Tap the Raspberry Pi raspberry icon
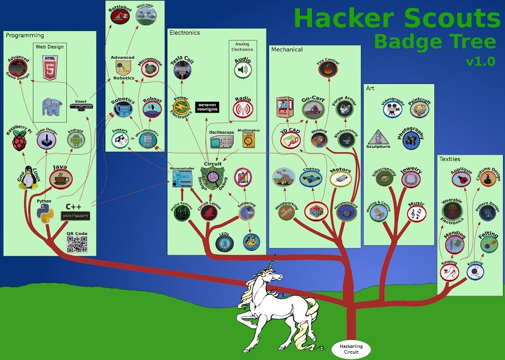(x=20, y=143)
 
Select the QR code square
(x=76, y=244)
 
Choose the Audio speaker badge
(x=243, y=70)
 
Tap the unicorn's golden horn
(x=273, y=261)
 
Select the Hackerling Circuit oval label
(x=351, y=347)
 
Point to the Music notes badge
(x=415, y=214)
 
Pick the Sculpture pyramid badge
(x=378, y=138)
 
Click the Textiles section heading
(x=450, y=159)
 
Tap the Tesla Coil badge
(x=182, y=69)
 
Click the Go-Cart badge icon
(x=312, y=111)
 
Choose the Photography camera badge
(x=411, y=141)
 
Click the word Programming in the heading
(x=25, y=35)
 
